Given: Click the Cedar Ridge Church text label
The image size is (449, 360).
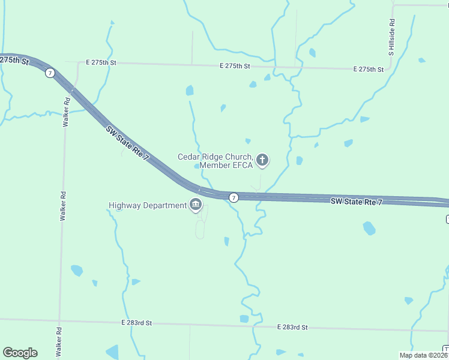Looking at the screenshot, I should coord(215,161).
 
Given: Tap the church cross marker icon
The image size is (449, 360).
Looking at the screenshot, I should coord(262,160).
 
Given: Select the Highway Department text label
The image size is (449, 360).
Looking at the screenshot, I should coord(148,205).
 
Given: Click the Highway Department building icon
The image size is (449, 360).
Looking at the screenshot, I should coord(196,205).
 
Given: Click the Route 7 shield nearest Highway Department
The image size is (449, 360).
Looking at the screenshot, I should coord(234,197).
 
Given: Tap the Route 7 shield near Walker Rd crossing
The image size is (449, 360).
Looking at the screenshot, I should coord(49,73).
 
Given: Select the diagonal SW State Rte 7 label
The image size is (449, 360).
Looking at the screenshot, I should coord(127,142).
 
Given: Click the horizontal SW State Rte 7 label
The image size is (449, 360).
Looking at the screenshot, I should coord(357,202).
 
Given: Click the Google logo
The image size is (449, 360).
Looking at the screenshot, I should coord(20,353).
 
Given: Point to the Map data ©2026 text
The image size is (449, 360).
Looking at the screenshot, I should coord(423,355).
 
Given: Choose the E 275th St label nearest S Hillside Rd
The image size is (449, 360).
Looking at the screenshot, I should coord(368,70).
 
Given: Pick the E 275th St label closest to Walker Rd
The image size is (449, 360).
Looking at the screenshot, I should coord(100,62).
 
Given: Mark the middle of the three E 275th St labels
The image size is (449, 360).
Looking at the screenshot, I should coord(235,65).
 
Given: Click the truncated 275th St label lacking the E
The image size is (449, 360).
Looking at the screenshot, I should coord(14,61).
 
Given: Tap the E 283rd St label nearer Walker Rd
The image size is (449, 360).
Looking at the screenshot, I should coord(136,323).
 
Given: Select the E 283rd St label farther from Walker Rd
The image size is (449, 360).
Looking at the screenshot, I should coord(292,327).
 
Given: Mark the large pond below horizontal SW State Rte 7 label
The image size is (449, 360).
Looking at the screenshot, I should coord(369,228).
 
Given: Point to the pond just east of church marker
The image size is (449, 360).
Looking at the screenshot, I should coord(299,161).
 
